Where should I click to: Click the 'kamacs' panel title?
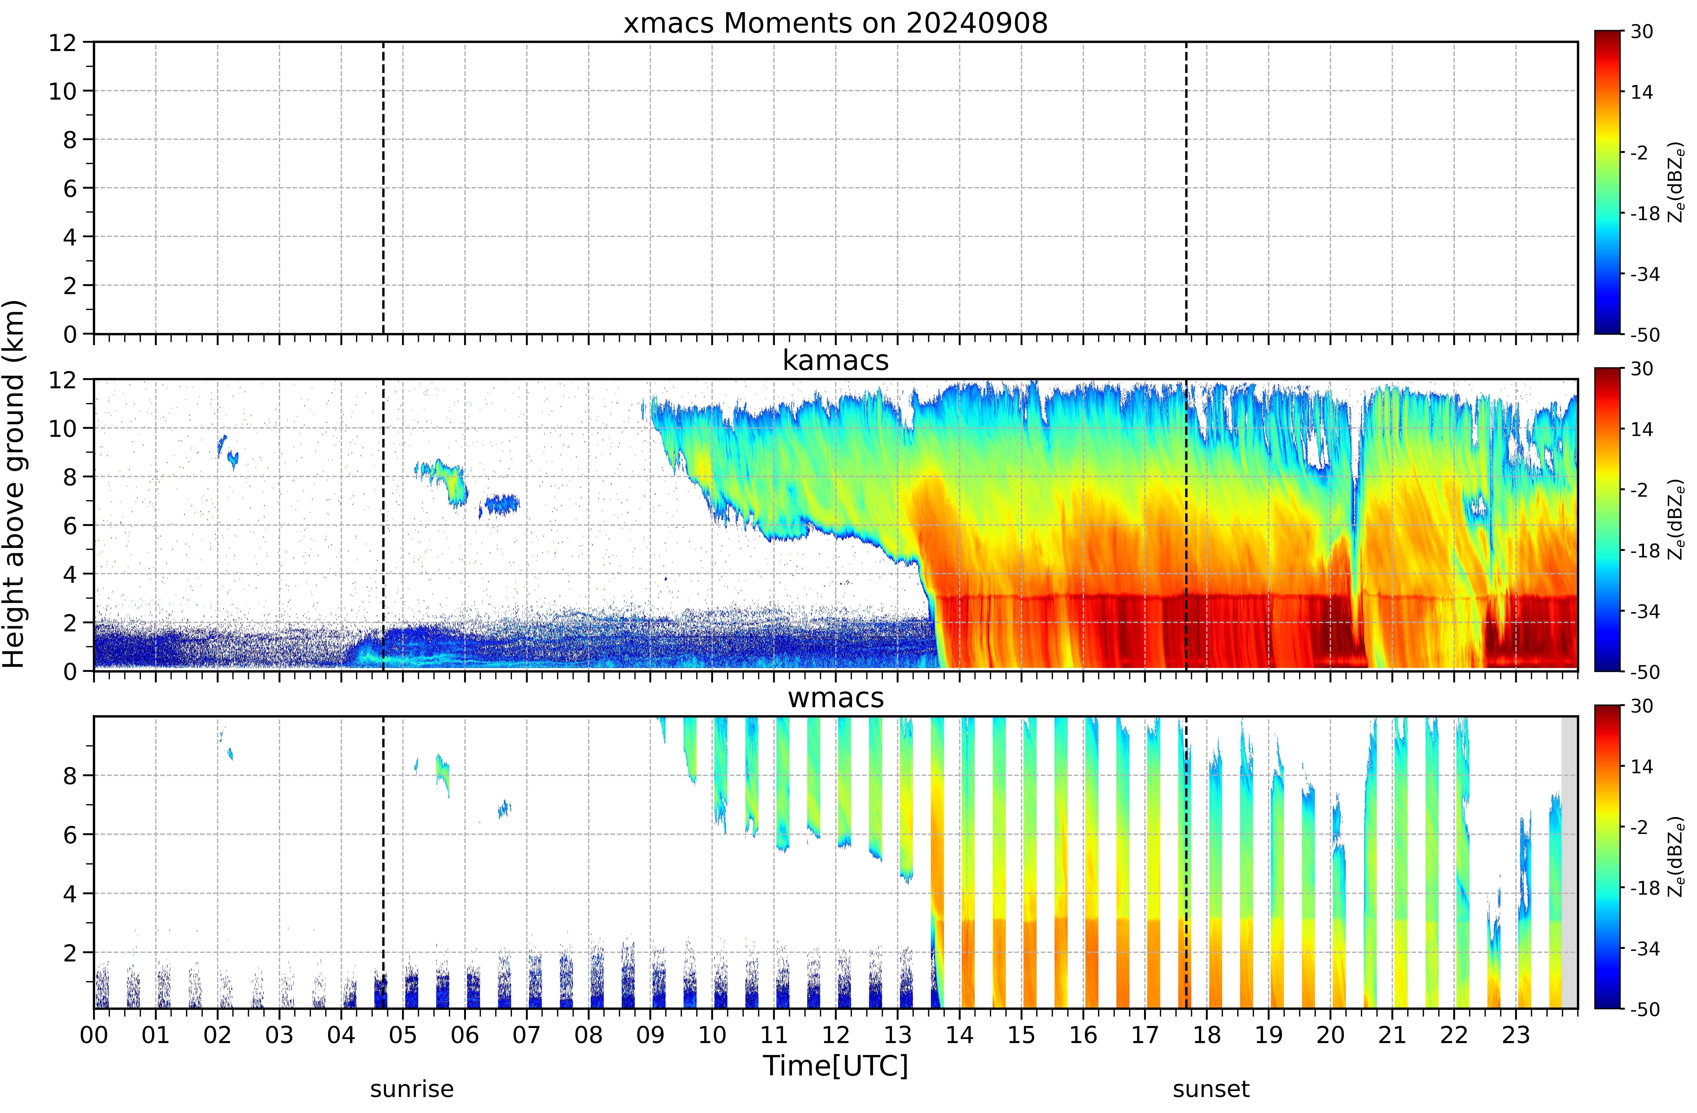pyautogui.click(x=836, y=361)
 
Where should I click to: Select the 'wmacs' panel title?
pyautogui.click(x=836, y=698)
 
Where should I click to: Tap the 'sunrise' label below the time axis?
pyautogui.click(x=412, y=1089)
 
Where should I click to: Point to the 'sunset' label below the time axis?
pyautogui.click(x=1212, y=1089)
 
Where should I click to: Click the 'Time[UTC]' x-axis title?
pyautogui.click(x=836, y=1067)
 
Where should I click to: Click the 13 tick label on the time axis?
pyautogui.click(x=898, y=1035)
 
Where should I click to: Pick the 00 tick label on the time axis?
pyautogui.click(x=94, y=1035)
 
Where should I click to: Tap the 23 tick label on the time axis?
pyautogui.click(x=1516, y=1035)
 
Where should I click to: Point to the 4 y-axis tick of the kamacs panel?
pyautogui.click(x=69, y=574)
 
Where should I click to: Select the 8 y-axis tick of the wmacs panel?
pyautogui.click(x=69, y=776)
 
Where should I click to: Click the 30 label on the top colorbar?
pyautogui.click(x=1642, y=32)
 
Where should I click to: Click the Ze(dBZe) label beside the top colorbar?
pyautogui.click(x=1676, y=183)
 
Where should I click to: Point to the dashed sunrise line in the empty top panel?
pyautogui.click(x=384, y=188)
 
